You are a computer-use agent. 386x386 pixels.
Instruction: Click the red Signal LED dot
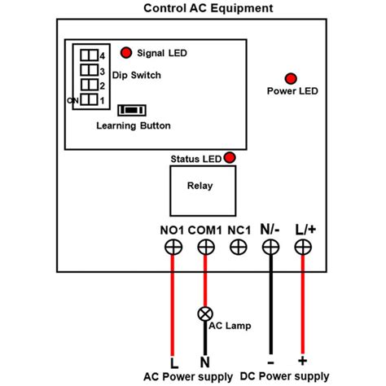tap(126, 53)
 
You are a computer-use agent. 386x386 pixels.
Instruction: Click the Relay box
tap(200, 186)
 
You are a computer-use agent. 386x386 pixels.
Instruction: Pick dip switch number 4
tap(91, 55)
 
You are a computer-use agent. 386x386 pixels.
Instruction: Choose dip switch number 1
tap(91, 99)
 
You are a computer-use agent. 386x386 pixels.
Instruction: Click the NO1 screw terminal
tap(173, 248)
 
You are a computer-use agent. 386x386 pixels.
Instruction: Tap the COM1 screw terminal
tap(204, 248)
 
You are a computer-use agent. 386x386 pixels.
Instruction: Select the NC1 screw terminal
tap(239, 248)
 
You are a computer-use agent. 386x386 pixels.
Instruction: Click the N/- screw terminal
tap(270, 248)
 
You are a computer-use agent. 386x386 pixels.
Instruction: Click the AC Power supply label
tap(188, 377)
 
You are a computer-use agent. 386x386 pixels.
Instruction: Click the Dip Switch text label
tap(136, 75)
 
